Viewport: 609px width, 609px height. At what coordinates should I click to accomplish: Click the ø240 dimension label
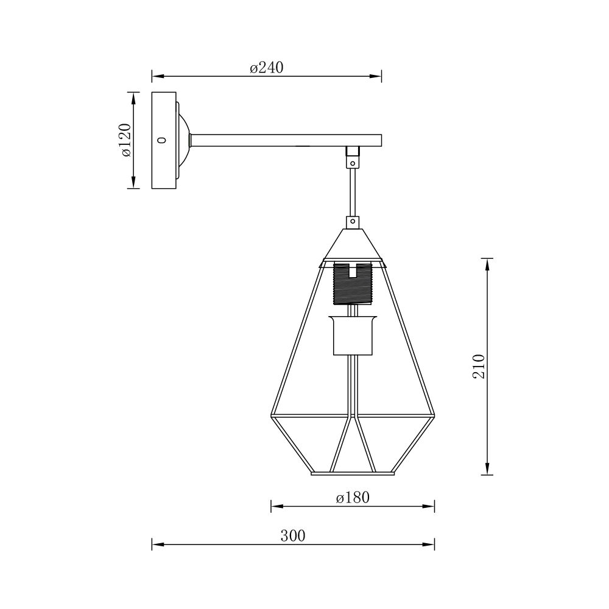267,68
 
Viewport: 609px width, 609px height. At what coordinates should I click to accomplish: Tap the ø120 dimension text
126,140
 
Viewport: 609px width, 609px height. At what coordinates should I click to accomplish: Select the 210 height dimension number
479,366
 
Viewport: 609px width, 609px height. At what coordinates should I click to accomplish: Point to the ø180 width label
353,498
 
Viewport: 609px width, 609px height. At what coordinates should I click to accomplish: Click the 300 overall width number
293,536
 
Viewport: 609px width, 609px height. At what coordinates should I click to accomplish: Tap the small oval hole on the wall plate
163,140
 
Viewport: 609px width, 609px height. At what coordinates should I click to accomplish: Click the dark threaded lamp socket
352,284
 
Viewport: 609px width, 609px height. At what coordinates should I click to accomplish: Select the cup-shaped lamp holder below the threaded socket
352,335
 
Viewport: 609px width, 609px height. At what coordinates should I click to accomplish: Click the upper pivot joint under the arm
353,157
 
